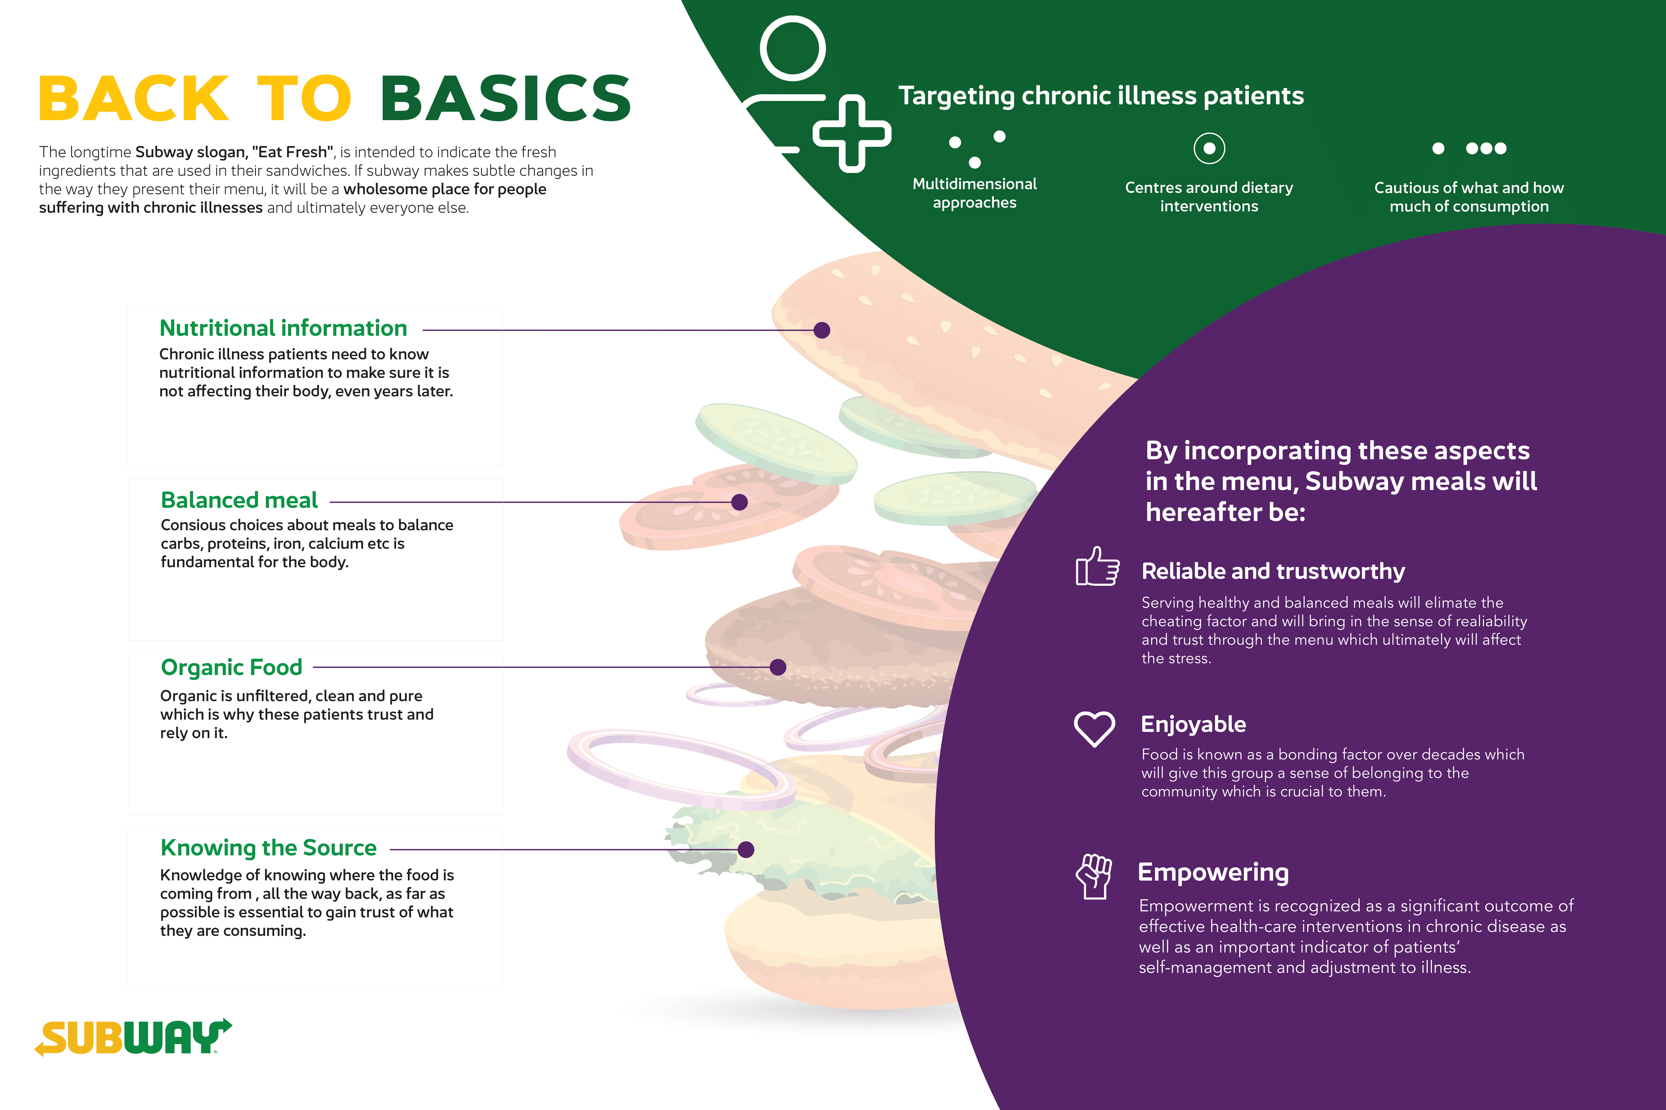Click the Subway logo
[133, 1037]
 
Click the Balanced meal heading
[239, 500]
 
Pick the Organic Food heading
[232, 668]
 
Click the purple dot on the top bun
[822, 330]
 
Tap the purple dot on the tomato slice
[740, 502]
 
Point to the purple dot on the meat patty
[778, 667]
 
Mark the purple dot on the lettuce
[746, 849]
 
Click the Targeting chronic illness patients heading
[1101, 96]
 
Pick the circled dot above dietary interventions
[1209, 148]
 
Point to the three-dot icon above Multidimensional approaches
[977, 149]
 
